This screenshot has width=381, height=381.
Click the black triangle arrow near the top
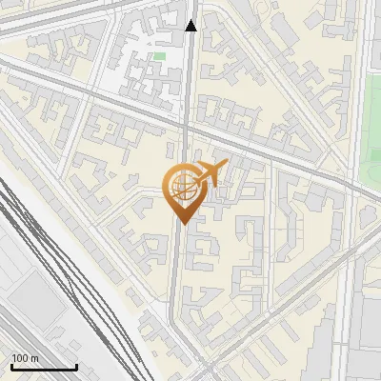coord(191,26)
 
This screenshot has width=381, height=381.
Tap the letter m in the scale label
coord(35,358)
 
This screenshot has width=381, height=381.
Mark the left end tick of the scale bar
coord(10,366)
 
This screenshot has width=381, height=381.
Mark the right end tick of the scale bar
coord(76,366)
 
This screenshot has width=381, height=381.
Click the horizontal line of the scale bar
coord(43,368)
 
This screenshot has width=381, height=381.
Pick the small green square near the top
coord(159,57)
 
